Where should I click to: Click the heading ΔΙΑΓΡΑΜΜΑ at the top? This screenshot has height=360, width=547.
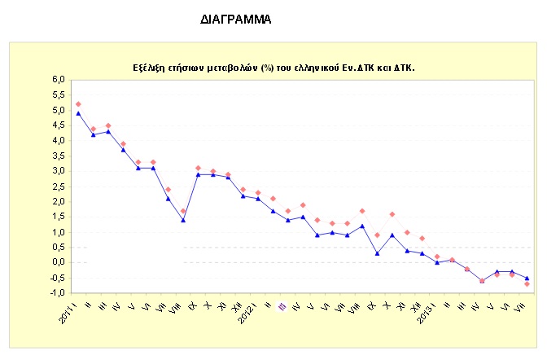(234, 17)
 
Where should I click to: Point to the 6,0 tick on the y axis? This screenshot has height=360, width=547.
(58, 80)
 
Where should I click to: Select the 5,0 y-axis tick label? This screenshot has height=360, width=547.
(58, 110)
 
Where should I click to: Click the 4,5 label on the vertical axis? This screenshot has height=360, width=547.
(58, 125)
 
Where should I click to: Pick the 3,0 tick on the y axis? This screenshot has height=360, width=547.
(58, 171)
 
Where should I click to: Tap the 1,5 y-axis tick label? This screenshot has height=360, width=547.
(58, 217)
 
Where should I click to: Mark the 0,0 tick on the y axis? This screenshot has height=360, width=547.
(58, 262)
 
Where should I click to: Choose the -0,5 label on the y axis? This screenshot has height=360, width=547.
(56, 278)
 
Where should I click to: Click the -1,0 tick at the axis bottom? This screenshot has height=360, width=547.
(56, 292)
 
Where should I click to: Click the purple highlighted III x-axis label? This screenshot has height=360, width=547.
(282, 307)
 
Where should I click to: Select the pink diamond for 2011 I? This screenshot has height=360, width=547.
(78, 104)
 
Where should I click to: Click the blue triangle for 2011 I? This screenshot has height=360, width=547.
(78, 113)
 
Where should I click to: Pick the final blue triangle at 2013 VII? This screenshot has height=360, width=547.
(527, 278)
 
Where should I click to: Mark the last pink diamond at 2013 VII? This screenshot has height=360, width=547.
(527, 284)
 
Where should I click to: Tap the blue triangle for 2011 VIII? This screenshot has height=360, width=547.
(184, 220)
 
